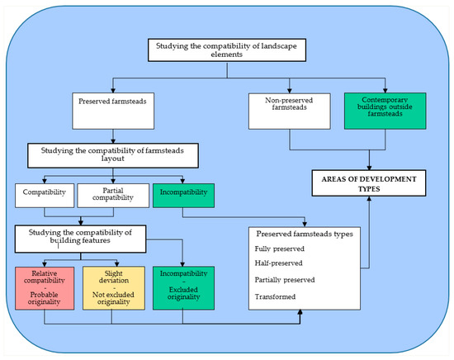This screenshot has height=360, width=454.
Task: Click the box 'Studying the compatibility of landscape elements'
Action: tap(227, 50)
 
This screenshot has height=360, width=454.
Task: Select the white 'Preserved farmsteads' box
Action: tap(113, 111)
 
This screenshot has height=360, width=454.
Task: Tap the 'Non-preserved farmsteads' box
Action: tap(290, 111)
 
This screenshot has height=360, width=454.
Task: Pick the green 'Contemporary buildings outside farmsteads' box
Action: tap(385, 111)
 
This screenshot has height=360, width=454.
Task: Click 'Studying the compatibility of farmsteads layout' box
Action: tap(113, 155)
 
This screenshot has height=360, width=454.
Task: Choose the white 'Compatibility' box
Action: tap(45, 196)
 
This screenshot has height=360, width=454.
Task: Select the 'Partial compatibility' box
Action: tap(113, 196)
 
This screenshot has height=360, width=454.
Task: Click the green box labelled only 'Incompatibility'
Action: tap(183, 196)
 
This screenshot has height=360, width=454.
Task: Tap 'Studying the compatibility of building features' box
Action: tap(81, 239)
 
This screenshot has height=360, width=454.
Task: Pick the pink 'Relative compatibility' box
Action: tap(45, 288)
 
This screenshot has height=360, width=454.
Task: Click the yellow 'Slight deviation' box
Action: tap(114, 288)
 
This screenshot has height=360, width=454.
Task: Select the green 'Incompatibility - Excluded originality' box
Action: tap(183, 288)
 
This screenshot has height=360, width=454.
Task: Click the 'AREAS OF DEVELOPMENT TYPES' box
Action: tap(369, 183)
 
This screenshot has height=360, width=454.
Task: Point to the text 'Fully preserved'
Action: tap(279, 249)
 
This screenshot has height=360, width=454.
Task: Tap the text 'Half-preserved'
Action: tap(278, 263)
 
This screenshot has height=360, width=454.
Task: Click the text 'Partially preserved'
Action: tap(285, 280)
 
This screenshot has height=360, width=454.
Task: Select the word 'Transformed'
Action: tap(275, 296)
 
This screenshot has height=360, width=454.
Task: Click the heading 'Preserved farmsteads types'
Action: tap(305, 234)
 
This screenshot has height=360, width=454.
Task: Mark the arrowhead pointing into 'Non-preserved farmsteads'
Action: tap(290, 90)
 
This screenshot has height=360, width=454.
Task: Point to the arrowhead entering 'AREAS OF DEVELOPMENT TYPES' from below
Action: tap(369, 199)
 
